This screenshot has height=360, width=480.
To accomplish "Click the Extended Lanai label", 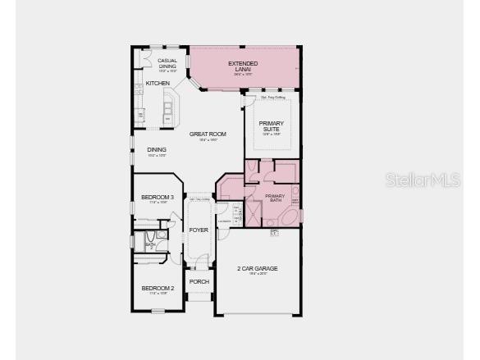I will pyautogui.click(x=243, y=66).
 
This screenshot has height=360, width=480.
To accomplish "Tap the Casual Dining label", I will pyautogui.click(x=167, y=63).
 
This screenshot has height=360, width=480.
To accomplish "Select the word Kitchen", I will pyautogui.click(x=158, y=84).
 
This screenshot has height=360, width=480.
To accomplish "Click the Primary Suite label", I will pyautogui.click(x=271, y=126).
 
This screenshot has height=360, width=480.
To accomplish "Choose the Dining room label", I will pyautogui.click(x=157, y=150).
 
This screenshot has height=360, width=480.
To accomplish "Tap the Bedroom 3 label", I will pyautogui.click(x=156, y=198).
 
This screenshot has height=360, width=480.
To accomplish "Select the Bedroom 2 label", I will pyautogui.click(x=158, y=289).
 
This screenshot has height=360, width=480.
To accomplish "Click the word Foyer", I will pyautogui.click(x=199, y=230).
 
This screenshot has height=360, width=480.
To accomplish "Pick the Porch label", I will pyautogui.click(x=199, y=282).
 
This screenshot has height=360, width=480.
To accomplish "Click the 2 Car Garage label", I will pyautogui.click(x=258, y=269).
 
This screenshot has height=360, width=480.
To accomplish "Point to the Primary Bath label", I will pyautogui.click(x=275, y=198).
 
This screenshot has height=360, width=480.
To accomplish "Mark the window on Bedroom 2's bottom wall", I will pyautogui.click(x=157, y=310).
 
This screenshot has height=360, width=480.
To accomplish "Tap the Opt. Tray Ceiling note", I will pyautogui.click(x=272, y=98).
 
